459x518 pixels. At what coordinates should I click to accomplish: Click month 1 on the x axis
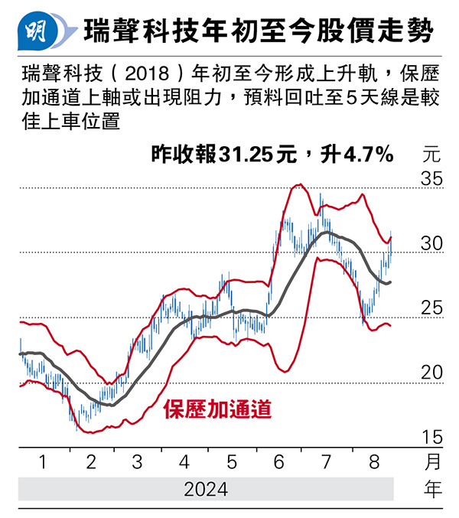(x=43, y=462)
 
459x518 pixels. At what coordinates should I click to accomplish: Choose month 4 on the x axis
(x=184, y=462)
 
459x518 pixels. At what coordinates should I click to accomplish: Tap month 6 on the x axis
(x=279, y=462)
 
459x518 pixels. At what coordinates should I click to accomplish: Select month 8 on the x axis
(x=373, y=462)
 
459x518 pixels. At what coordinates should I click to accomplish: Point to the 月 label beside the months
(x=432, y=462)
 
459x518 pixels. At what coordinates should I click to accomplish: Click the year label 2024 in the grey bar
(x=206, y=489)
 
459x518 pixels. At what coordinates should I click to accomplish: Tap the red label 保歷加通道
(x=217, y=408)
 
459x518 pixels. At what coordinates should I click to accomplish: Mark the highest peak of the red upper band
(x=299, y=184)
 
